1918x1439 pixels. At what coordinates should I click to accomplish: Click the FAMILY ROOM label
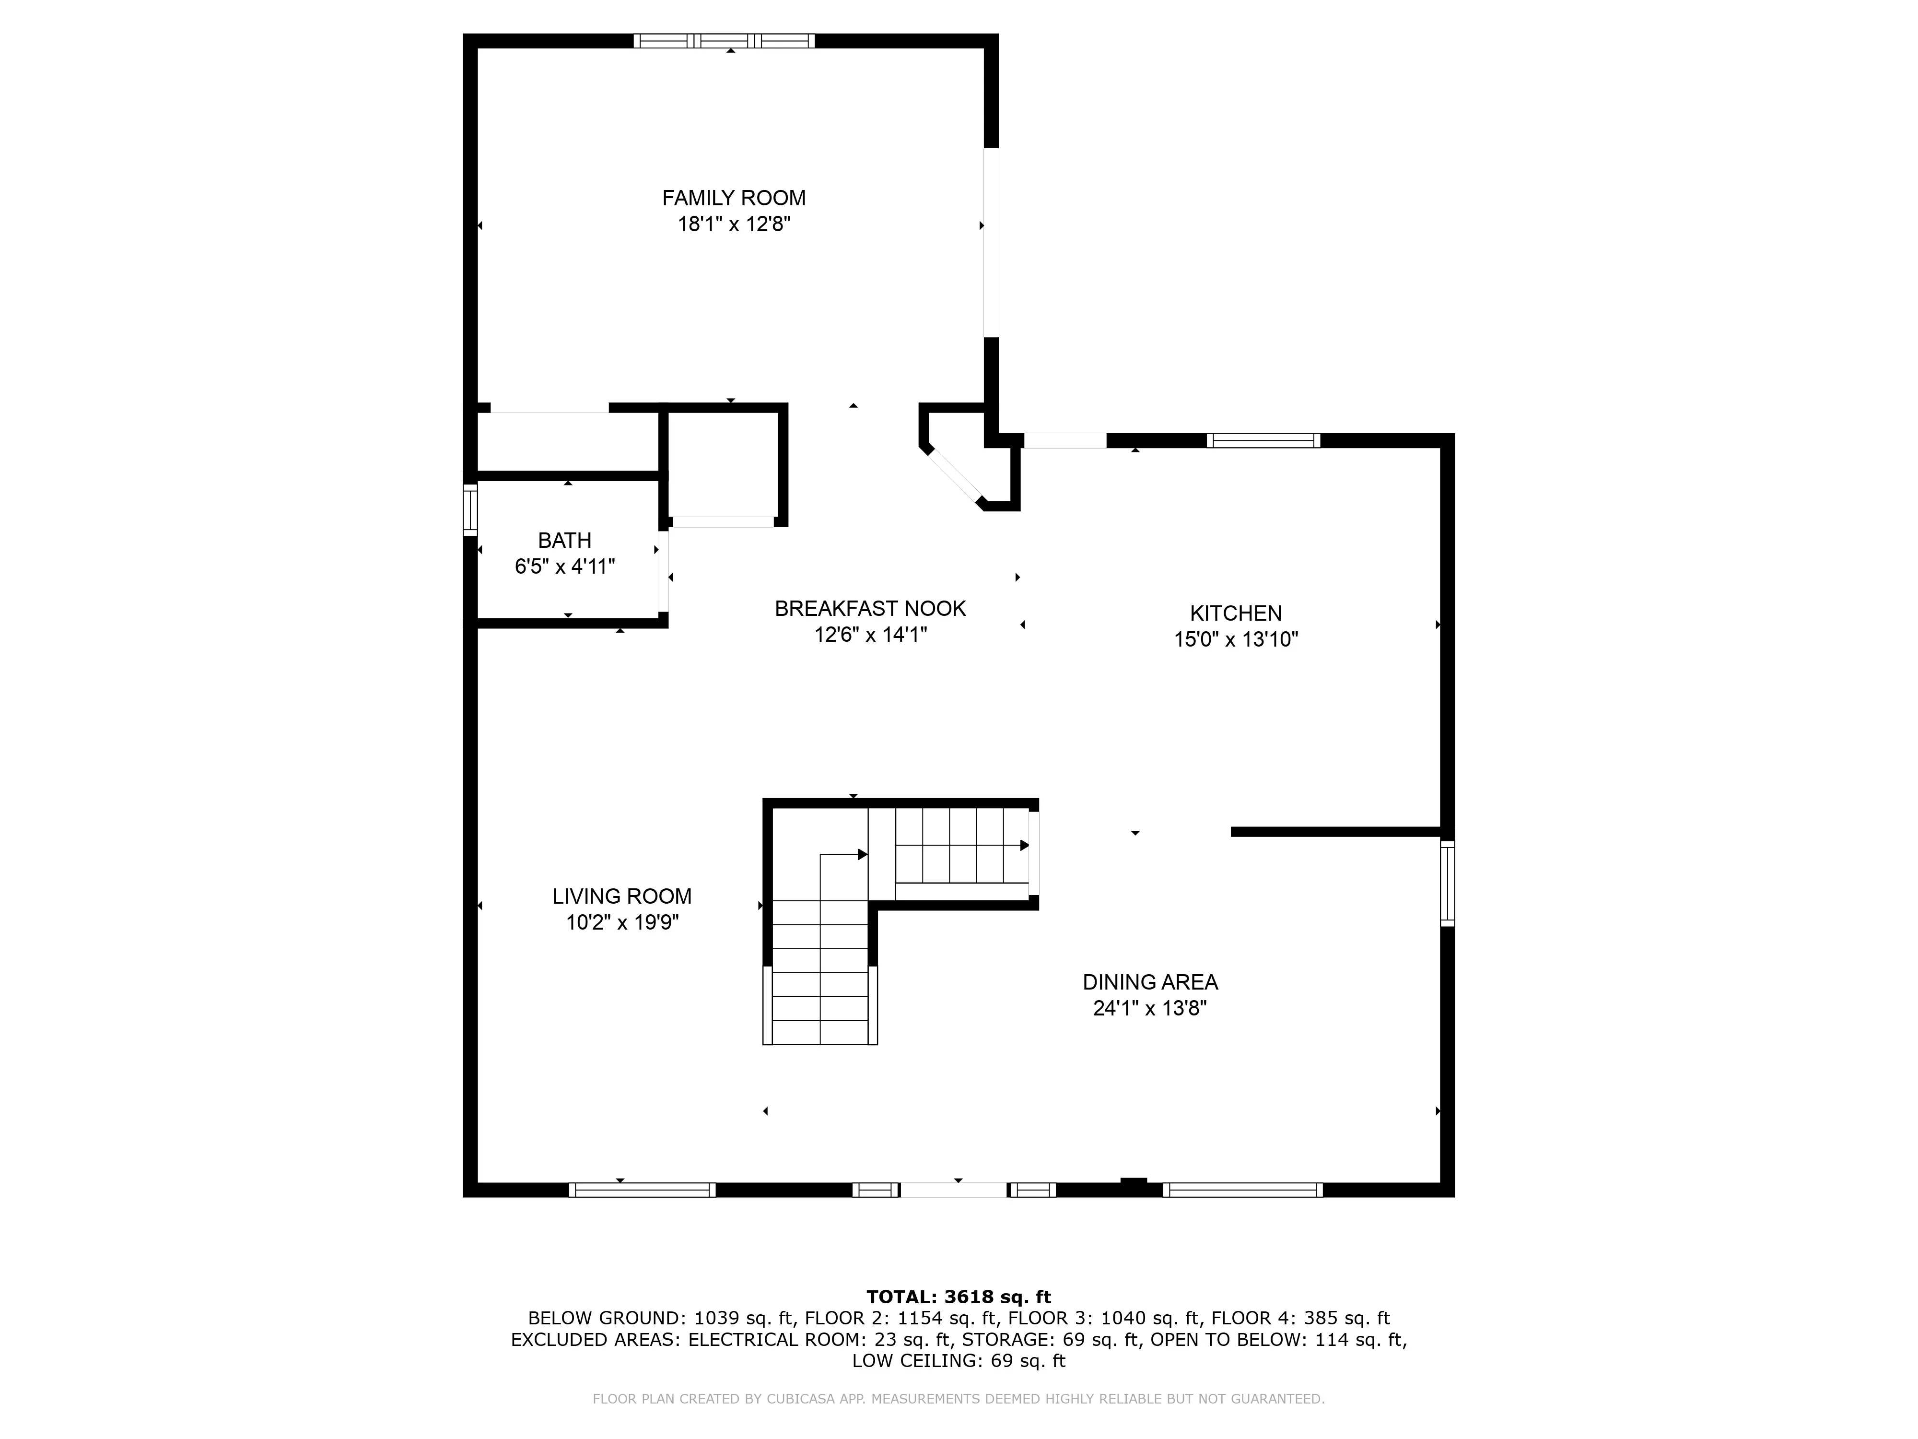tap(734, 198)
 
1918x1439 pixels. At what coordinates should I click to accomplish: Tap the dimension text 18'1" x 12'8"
tap(734, 224)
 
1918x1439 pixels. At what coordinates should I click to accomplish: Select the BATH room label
tap(564, 541)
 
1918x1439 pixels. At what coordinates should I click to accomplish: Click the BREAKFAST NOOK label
tap(870, 609)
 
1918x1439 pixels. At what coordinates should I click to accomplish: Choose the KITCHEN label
tap(1235, 613)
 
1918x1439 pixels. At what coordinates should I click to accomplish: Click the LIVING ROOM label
tap(622, 896)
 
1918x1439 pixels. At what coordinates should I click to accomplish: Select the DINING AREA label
tap(1150, 982)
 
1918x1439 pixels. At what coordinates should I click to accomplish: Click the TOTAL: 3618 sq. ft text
tap(958, 1297)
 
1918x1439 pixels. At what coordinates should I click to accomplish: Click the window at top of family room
tap(724, 40)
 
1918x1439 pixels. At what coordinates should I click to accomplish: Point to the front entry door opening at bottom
tap(954, 1190)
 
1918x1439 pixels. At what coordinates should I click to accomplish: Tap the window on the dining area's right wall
tap(1447, 883)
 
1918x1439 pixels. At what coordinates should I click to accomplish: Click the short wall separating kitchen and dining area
tap(1335, 832)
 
